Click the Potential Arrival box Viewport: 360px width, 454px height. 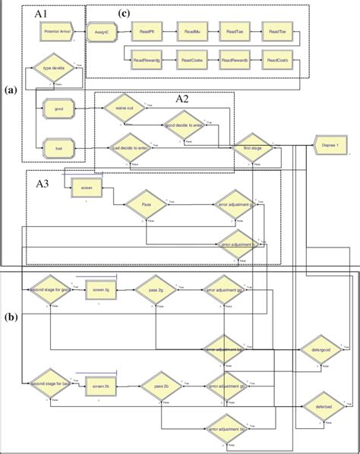[x=60, y=33]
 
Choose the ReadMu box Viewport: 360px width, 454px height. [x=191, y=33]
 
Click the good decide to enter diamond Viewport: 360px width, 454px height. [x=182, y=127]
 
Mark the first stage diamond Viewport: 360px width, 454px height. [x=251, y=149]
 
